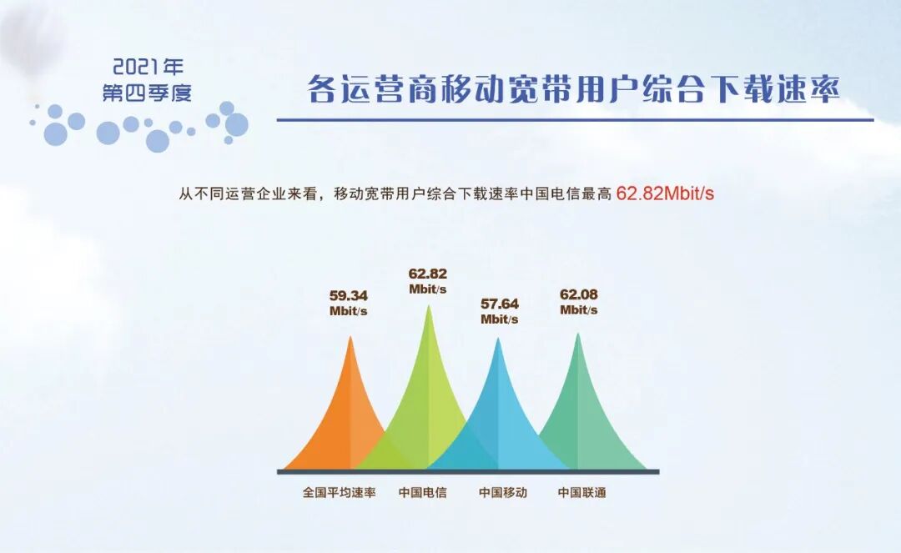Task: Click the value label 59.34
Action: [349, 295]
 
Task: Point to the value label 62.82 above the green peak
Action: [427, 274]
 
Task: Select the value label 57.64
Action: [499, 304]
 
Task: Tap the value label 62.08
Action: [579, 294]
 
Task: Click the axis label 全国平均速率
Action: [339, 492]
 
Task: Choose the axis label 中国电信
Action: [422, 492]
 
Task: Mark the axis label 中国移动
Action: [502, 492]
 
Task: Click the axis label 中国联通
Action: [581, 492]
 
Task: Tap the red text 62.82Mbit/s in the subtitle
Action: [665, 194]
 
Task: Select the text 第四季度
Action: [147, 93]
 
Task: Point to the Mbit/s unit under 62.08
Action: [579, 310]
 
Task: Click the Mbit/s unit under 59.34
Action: [349, 311]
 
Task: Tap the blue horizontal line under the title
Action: [575, 119]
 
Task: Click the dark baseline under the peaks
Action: [468, 472]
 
